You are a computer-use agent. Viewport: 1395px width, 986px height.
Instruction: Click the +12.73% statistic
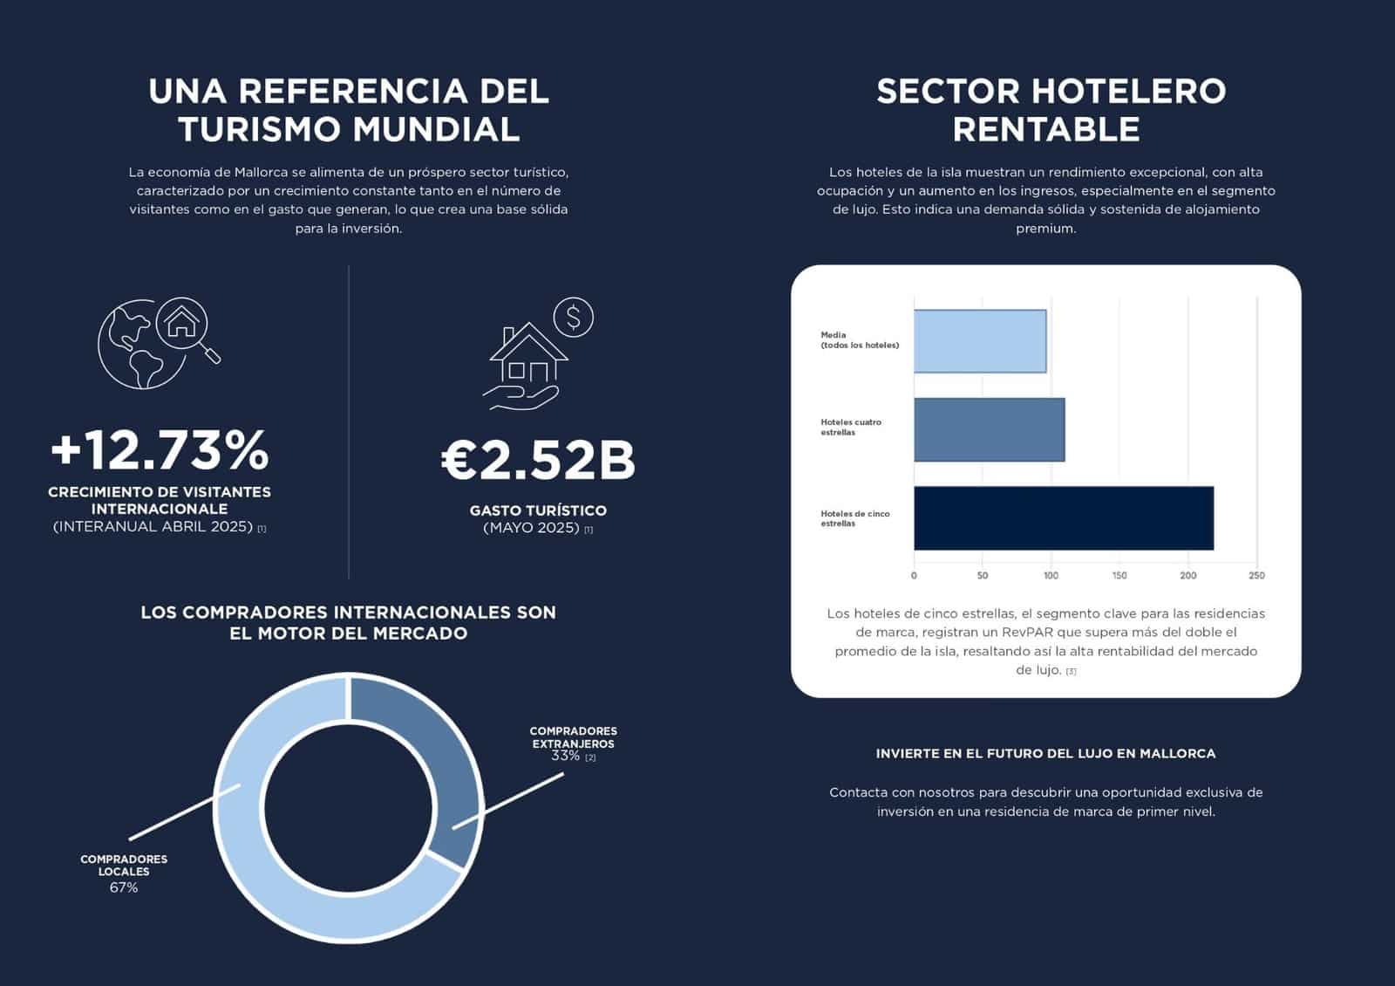tap(160, 450)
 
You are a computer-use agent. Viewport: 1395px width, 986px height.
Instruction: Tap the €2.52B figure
tap(538, 460)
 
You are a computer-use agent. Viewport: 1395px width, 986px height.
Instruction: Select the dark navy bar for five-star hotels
tap(1063, 518)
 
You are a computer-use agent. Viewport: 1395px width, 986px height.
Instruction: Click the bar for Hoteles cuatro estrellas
tap(989, 429)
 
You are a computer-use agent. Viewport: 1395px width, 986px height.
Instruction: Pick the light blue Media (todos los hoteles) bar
tap(979, 341)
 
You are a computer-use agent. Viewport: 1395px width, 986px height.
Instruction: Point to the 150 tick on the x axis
tap(1119, 576)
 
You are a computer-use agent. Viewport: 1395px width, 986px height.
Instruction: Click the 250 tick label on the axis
tap(1256, 576)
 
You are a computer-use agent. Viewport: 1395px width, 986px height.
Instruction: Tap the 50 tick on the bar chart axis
tap(983, 576)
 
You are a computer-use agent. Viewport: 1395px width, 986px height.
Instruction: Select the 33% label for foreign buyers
tap(566, 756)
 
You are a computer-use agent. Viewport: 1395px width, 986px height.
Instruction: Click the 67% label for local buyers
tap(124, 887)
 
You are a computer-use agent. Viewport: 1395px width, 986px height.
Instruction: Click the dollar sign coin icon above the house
tap(573, 318)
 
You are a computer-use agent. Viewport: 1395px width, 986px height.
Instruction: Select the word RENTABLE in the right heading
tap(1045, 129)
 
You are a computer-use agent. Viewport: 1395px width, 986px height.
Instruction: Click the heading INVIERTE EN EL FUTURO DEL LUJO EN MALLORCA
tap(1045, 753)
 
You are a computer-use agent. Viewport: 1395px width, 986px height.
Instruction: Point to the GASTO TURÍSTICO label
tap(538, 510)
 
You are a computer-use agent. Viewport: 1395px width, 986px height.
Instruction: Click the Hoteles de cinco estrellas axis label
tap(854, 518)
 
